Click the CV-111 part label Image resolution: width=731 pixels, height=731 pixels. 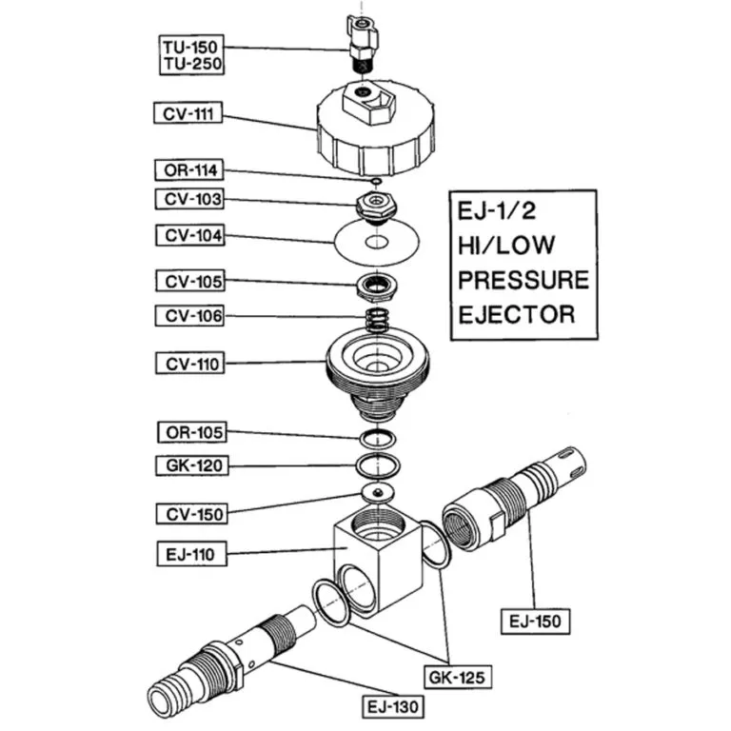(189, 114)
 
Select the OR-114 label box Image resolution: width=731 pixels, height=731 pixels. (189, 170)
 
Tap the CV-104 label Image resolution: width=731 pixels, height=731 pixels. (189, 234)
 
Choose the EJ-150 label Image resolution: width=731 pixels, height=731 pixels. (534, 622)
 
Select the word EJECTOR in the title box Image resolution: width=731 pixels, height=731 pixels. (517, 313)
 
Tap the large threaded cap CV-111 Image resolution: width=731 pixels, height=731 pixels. (377, 128)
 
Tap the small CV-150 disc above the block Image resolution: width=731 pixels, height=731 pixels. (378, 493)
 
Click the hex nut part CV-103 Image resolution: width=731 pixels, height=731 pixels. (377, 204)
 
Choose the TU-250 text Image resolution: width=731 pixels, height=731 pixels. (189, 65)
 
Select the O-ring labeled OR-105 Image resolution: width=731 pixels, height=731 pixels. (378, 439)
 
